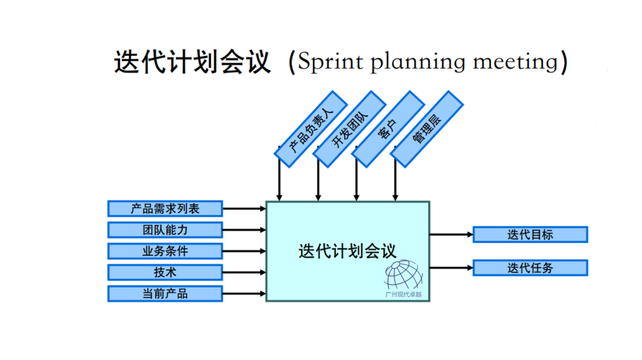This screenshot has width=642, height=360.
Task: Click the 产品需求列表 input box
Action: pos(165,209)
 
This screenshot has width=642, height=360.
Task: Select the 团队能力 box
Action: pos(165,230)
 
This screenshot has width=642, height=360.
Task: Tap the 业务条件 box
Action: pos(165,251)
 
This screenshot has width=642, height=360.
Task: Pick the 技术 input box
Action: pos(165,272)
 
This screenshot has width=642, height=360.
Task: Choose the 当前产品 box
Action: pos(165,293)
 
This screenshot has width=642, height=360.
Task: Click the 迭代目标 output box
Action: pos(530,234)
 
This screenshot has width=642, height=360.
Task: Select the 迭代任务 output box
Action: pos(530,268)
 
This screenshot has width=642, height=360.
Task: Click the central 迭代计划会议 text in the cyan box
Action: pos(347,251)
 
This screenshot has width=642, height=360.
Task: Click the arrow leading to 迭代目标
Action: pos(451,234)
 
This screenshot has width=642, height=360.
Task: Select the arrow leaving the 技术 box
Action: pos(244,272)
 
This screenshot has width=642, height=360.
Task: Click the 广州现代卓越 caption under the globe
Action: pos(404,294)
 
